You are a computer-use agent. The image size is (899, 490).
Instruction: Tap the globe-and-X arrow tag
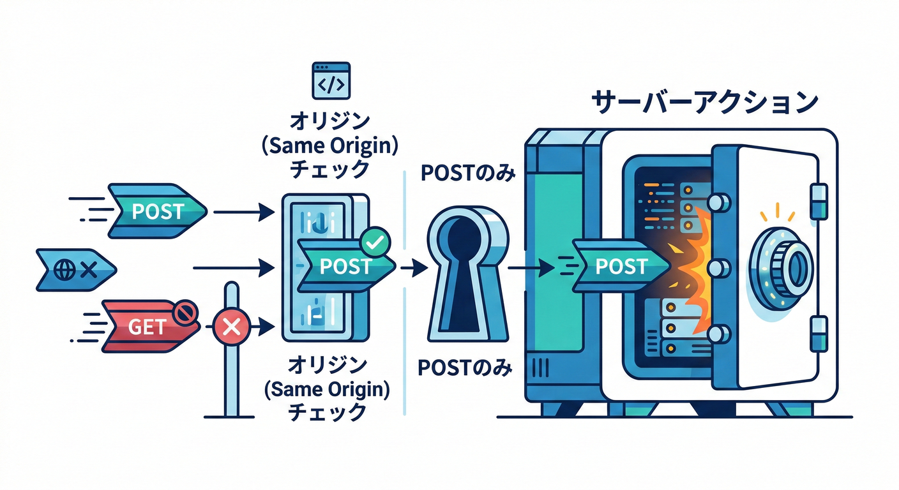(x=73, y=269)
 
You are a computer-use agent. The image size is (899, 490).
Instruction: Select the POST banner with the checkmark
(x=345, y=267)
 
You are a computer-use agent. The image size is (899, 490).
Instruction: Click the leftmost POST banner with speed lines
(x=156, y=211)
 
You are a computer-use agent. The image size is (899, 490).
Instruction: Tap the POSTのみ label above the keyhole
(x=467, y=174)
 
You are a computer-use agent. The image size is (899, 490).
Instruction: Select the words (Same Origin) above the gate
(x=329, y=146)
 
